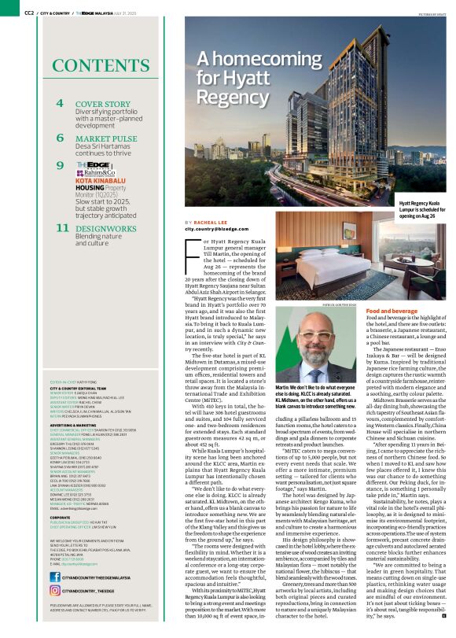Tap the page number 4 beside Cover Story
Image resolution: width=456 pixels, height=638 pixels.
pos(60,104)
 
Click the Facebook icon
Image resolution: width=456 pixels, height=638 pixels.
pos(54,577)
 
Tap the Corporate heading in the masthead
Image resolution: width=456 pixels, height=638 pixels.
pos(64,496)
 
